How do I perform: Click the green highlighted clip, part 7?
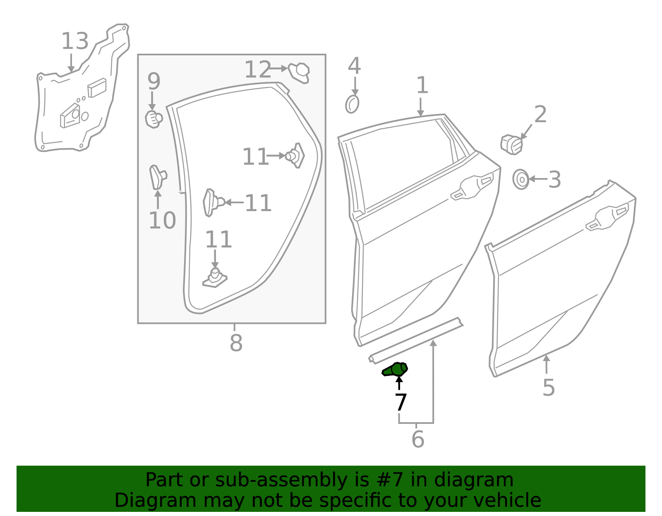pos(396,369)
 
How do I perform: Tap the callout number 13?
pos(75,42)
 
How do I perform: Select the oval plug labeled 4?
pos(352,104)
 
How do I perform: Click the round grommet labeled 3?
pos(521,179)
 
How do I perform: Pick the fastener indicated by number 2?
pos(511,145)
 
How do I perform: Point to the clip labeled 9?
pos(154,119)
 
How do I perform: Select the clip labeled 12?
pos(300,73)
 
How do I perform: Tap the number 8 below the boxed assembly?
pos(236,343)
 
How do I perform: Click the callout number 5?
pos(549,388)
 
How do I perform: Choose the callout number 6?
pos(417,439)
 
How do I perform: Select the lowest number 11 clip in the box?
pos(215,278)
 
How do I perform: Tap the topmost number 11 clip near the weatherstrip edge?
pos(295,155)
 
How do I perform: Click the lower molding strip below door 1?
pos(416,341)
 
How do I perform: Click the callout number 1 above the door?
pos(422,86)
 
